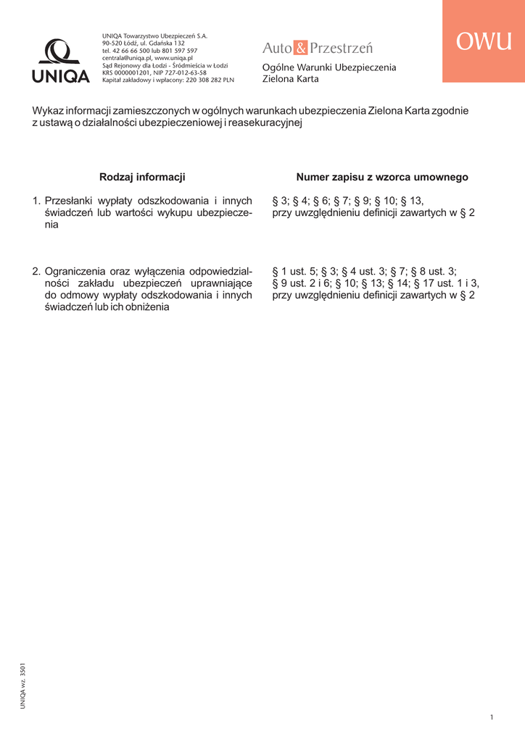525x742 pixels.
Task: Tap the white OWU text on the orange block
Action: point(484,42)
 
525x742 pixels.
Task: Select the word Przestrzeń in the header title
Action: point(341,49)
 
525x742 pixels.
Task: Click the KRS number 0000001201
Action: point(134,72)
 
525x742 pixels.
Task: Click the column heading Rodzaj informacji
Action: point(142,177)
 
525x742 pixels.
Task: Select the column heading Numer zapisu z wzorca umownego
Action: point(382,177)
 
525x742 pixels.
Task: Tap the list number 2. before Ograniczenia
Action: point(36,271)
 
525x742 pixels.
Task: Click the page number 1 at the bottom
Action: point(492,717)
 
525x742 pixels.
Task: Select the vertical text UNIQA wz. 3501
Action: point(23,684)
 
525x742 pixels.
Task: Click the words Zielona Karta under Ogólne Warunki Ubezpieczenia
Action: point(290,79)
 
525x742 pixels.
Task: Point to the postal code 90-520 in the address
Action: point(112,43)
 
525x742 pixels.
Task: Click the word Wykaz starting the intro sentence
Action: point(47,111)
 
